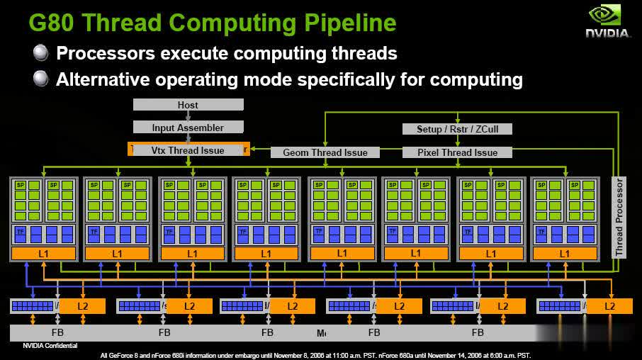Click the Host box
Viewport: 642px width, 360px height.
(188, 105)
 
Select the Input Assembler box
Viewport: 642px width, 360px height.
(188, 128)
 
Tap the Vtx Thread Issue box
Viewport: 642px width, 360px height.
(188, 150)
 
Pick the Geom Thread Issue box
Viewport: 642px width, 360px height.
(325, 152)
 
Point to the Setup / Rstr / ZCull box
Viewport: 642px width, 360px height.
(456, 129)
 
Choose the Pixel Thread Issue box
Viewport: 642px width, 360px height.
(456, 152)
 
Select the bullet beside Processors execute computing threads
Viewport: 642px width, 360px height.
(41, 52)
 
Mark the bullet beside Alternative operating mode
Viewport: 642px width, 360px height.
(41, 79)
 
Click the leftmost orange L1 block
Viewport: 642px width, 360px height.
(43, 253)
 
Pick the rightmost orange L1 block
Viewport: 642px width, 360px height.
(565, 253)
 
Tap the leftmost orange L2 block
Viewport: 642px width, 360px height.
(83, 306)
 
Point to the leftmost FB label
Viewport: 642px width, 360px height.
(58, 332)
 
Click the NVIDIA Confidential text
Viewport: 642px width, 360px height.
(50, 346)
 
